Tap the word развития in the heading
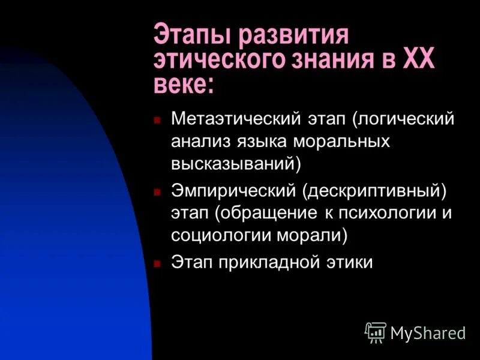tap(293, 36)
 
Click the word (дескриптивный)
tap(374, 191)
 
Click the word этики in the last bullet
tap(352, 263)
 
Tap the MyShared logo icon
tap(376, 332)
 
